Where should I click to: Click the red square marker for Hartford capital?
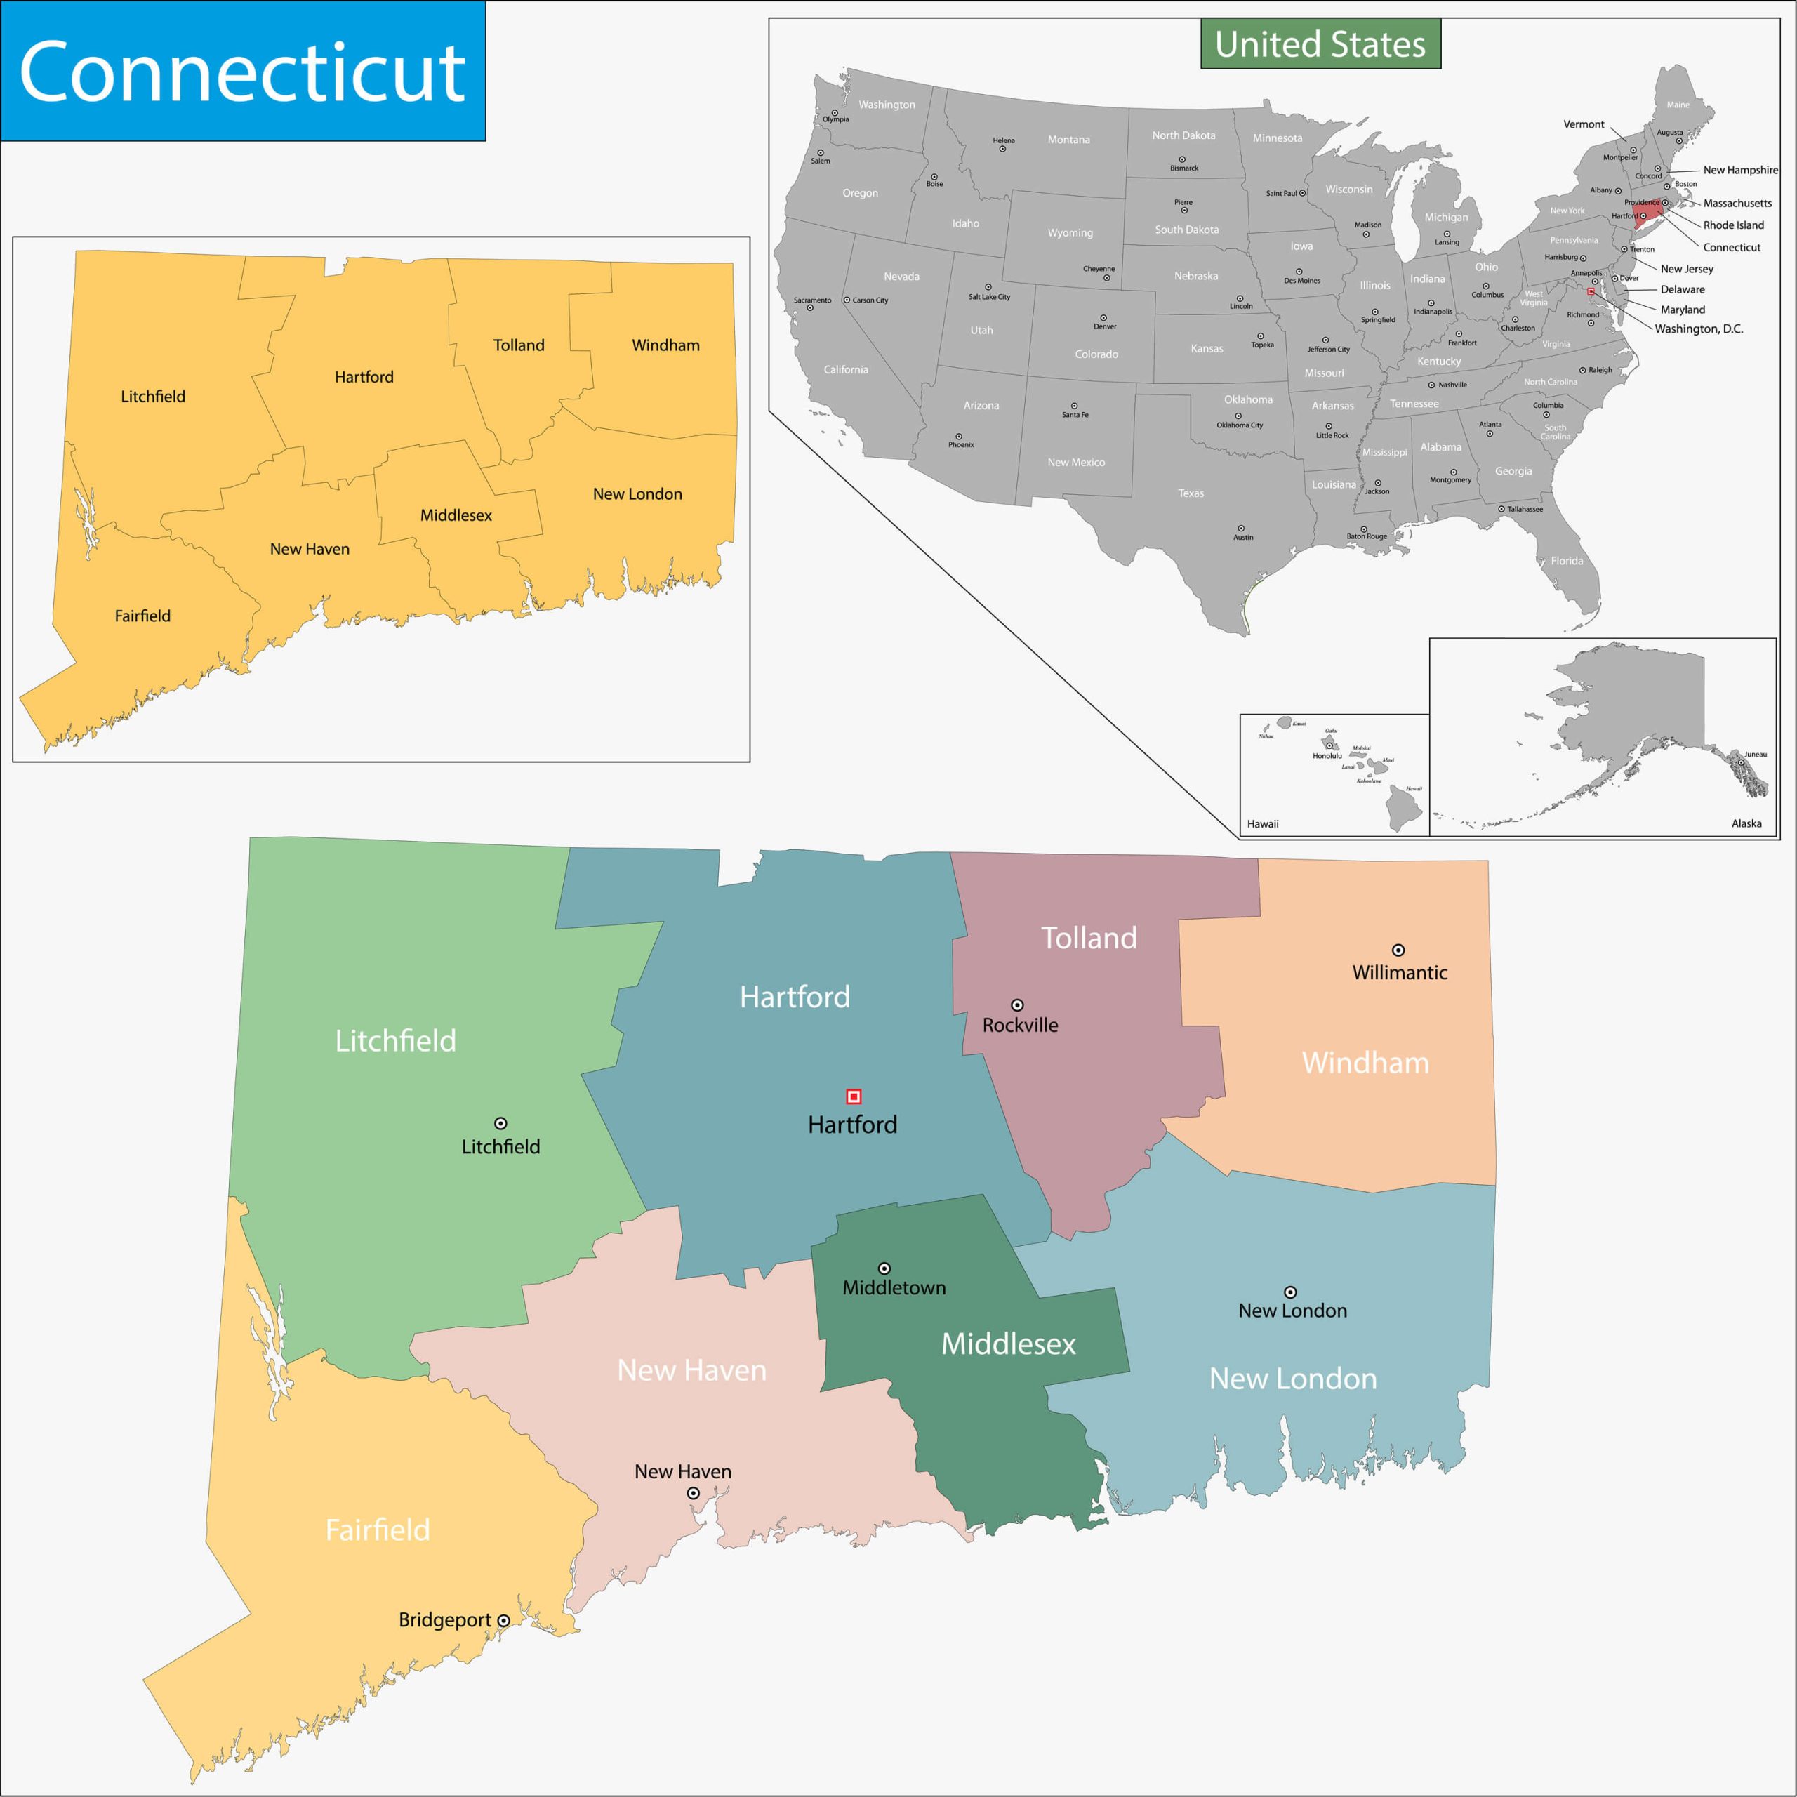click(x=853, y=1096)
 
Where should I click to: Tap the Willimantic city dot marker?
click(x=1397, y=950)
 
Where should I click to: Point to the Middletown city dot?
click(x=884, y=1268)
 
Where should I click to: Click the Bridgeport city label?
click(x=444, y=1619)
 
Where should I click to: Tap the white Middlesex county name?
click(x=1008, y=1343)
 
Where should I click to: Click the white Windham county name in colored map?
click(x=1365, y=1062)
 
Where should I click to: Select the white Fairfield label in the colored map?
click(x=378, y=1529)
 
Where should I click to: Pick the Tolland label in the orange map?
click(x=518, y=345)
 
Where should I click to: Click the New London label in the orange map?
click(x=637, y=494)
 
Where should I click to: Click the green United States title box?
click(x=1320, y=44)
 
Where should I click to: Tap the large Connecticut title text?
click(x=242, y=72)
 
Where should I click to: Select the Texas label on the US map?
click(x=1191, y=493)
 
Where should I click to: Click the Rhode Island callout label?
click(x=1733, y=225)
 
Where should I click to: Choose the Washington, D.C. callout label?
click(x=1699, y=329)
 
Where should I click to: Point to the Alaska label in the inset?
click(x=1746, y=823)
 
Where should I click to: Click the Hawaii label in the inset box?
click(x=1262, y=824)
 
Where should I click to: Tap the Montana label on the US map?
click(x=1068, y=140)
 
